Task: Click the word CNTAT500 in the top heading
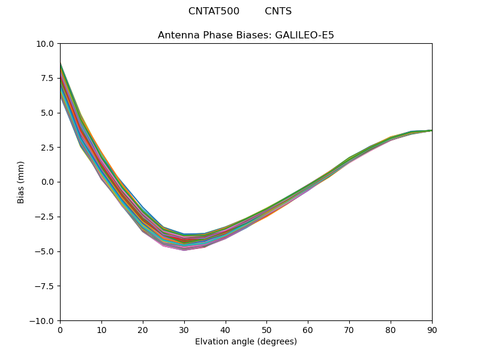[x=214, y=11]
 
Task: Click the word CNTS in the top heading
[x=278, y=11]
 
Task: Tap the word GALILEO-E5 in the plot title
[x=304, y=35]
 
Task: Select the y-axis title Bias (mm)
[x=21, y=182]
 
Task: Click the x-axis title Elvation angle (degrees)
[x=246, y=342]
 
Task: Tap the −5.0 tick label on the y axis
[x=45, y=251]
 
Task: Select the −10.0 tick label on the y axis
[x=43, y=320]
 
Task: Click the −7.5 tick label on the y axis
[x=45, y=286]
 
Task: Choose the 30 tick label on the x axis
[x=184, y=329]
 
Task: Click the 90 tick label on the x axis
[x=432, y=329]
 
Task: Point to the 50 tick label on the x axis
[x=266, y=329]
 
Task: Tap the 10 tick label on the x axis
[x=101, y=329]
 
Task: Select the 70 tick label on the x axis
[x=349, y=329]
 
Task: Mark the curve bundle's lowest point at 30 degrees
[x=184, y=249]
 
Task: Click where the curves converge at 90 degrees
[x=431, y=130]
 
